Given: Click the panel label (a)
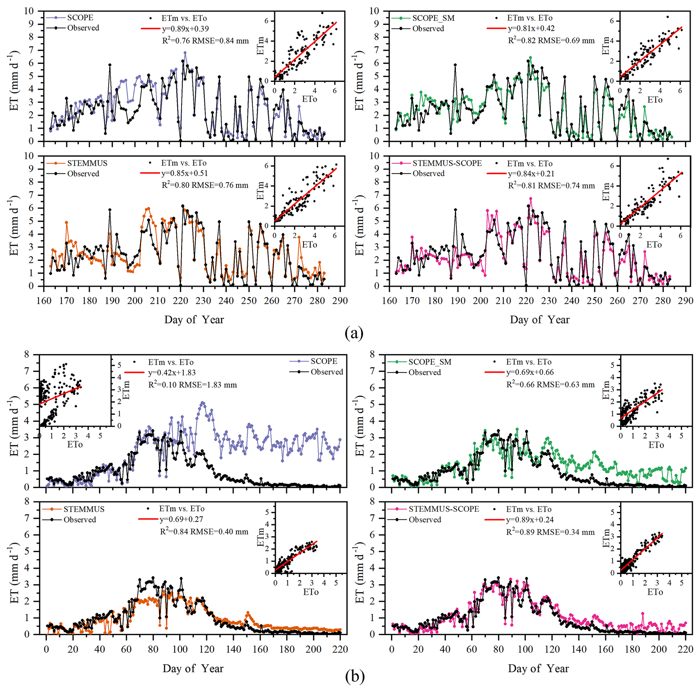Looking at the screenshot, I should click(354, 332).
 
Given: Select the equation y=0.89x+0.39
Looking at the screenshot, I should click(185, 29).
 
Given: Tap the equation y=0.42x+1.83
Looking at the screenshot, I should click(172, 373).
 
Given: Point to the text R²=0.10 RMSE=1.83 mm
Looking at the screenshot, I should click(192, 384).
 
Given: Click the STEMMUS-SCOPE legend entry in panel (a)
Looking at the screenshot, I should click(447, 163).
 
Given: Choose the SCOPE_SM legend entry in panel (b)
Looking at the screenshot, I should click(430, 362).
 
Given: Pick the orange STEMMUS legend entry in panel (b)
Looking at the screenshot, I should click(84, 509).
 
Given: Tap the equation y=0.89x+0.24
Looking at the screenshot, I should click(530, 520).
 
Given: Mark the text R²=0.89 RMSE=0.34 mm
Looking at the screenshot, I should click(550, 532).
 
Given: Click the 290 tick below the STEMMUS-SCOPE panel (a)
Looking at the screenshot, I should click(685, 300).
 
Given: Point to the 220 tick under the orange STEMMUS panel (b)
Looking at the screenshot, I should click(340, 649).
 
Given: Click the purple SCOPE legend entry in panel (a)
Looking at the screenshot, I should click(80, 18).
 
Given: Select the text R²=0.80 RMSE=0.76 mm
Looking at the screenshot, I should click(205, 185).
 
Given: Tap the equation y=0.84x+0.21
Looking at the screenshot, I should click(531, 174).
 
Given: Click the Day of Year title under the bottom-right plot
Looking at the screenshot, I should click(538, 668).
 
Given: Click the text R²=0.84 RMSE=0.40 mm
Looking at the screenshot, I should click(204, 532).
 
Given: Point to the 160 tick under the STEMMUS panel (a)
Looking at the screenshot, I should click(44, 300).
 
